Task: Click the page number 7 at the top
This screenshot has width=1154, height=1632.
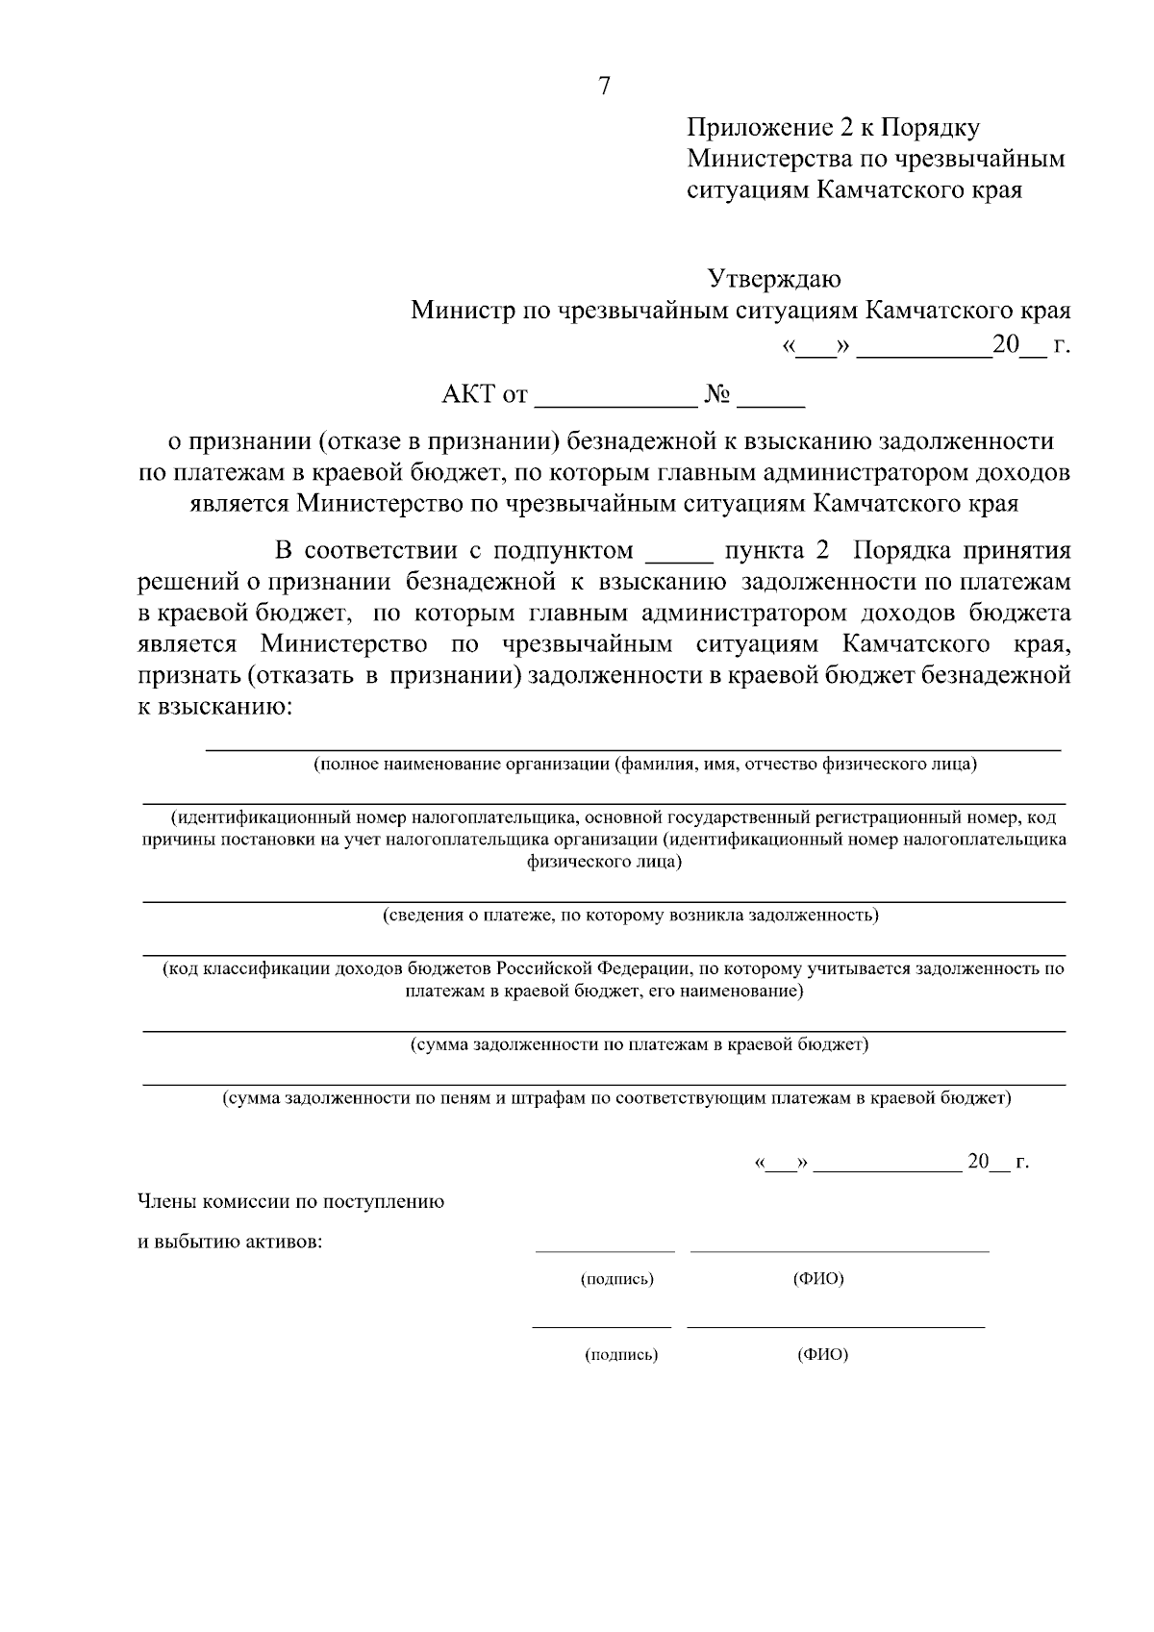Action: [x=604, y=87]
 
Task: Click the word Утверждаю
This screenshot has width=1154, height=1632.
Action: [x=774, y=280]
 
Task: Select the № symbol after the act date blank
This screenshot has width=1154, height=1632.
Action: [x=718, y=394]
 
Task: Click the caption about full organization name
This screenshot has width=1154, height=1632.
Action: [x=645, y=766]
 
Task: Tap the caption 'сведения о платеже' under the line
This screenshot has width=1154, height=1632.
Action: [x=631, y=915]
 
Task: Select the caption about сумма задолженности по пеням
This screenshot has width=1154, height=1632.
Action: [x=616, y=1098]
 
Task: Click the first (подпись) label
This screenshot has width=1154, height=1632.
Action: [x=617, y=1279]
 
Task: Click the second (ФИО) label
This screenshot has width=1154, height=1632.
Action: [x=822, y=1355]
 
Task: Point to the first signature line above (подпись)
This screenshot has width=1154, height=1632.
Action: [x=605, y=1251]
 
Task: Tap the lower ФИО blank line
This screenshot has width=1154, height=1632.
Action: [x=836, y=1327]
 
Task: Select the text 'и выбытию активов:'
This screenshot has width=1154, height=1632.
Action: [x=231, y=1242]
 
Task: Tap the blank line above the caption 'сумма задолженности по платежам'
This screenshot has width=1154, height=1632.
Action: [x=604, y=1031]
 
